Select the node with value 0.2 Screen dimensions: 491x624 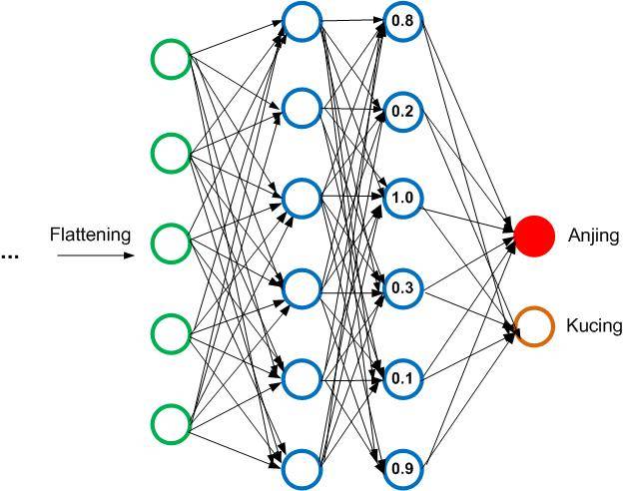(402, 110)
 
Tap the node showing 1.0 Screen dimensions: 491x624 (402, 198)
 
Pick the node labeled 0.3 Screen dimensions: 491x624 (402, 288)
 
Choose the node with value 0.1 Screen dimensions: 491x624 (402, 378)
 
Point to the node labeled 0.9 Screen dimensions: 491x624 (402, 466)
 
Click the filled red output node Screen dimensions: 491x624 (533, 236)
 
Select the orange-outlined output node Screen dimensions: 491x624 (533, 325)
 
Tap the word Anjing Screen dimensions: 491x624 (593, 237)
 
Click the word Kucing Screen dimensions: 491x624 (594, 325)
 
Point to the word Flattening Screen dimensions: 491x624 (90, 236)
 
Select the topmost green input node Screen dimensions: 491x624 (171, 60)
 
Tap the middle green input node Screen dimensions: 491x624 (171, 242)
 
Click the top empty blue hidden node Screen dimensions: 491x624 (301, 19)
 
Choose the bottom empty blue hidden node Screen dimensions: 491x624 (301, 466)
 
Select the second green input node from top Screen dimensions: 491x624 (171, 153)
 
